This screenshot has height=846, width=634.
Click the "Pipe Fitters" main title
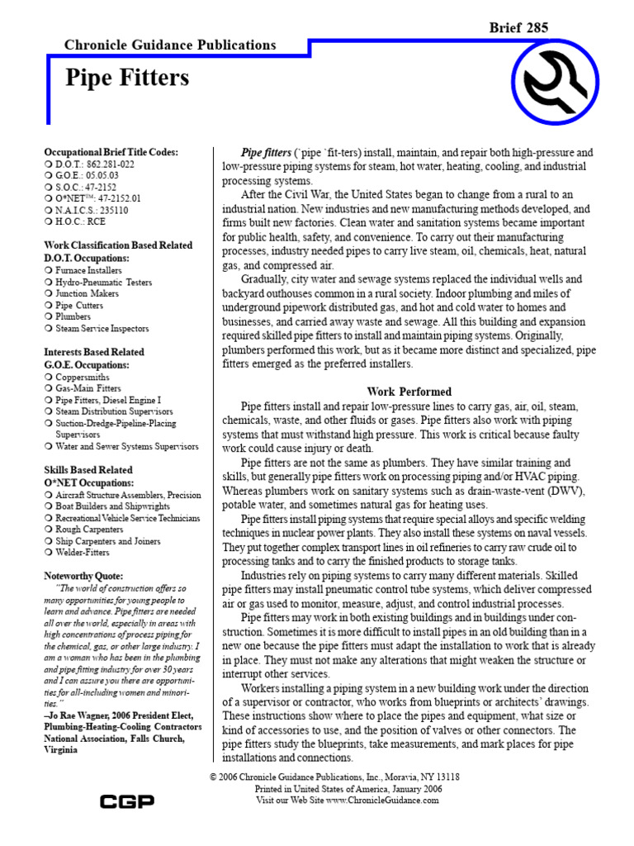point(127,78)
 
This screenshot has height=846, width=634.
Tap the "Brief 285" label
point(519,28)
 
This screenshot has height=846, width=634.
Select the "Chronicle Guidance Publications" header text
point(171,45)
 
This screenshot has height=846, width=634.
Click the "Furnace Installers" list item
point(88,270)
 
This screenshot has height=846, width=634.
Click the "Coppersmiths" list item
point(83,377)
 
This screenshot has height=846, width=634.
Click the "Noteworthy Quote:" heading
point(83,575)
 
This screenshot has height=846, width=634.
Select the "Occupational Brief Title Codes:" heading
point(111,152)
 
